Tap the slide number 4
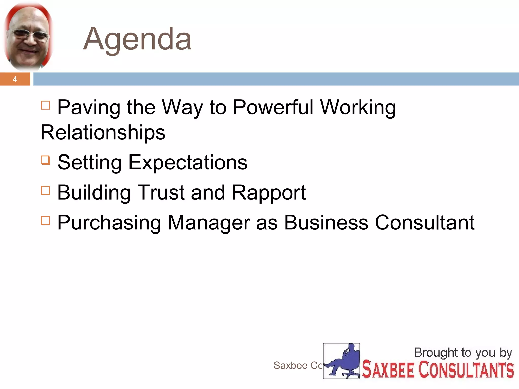15,79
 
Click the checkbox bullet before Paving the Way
46,105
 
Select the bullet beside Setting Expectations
46,160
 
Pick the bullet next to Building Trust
46,190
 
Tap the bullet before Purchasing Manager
46,220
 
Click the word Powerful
273,107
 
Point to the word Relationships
103,132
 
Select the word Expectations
188,162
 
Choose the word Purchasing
109,223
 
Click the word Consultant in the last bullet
424,223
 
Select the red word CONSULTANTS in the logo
466,370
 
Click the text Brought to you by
463,353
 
